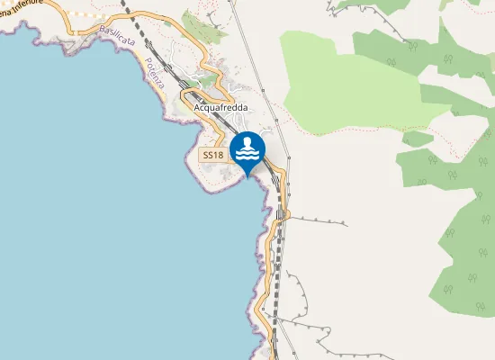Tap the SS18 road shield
[x=212, y=156]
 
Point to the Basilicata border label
[x=118, y=41]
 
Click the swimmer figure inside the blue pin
[x=247, y=144]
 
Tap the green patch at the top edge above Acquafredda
[x=202, y=24]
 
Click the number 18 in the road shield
[x=218, y=156]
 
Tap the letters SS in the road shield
[x=208, y=156]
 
